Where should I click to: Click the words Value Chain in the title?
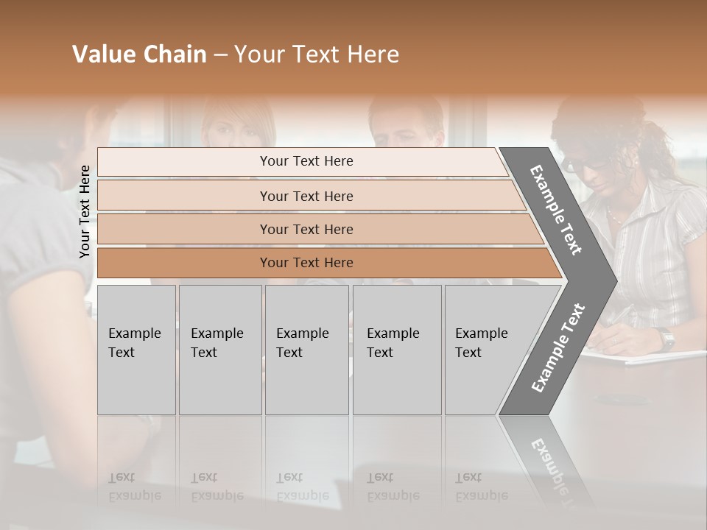pos(139,54)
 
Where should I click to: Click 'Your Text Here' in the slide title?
pos(317,54)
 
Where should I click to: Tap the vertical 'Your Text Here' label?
pos(85,211)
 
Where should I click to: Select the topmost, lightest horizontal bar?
pos(306,161)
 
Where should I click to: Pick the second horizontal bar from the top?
pos(306,196)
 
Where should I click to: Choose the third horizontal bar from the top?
pos(306,229)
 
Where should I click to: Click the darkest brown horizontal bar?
pos(306,263)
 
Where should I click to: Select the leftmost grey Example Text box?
pos(136,350)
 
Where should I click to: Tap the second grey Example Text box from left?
pos(219,350)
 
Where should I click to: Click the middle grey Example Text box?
pos(306,350)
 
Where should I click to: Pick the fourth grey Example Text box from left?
pos(396,350)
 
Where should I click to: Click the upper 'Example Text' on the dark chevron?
pos(556,210)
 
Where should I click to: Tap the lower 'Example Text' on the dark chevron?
pos(557,348)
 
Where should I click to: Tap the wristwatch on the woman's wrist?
pos(666,339)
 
